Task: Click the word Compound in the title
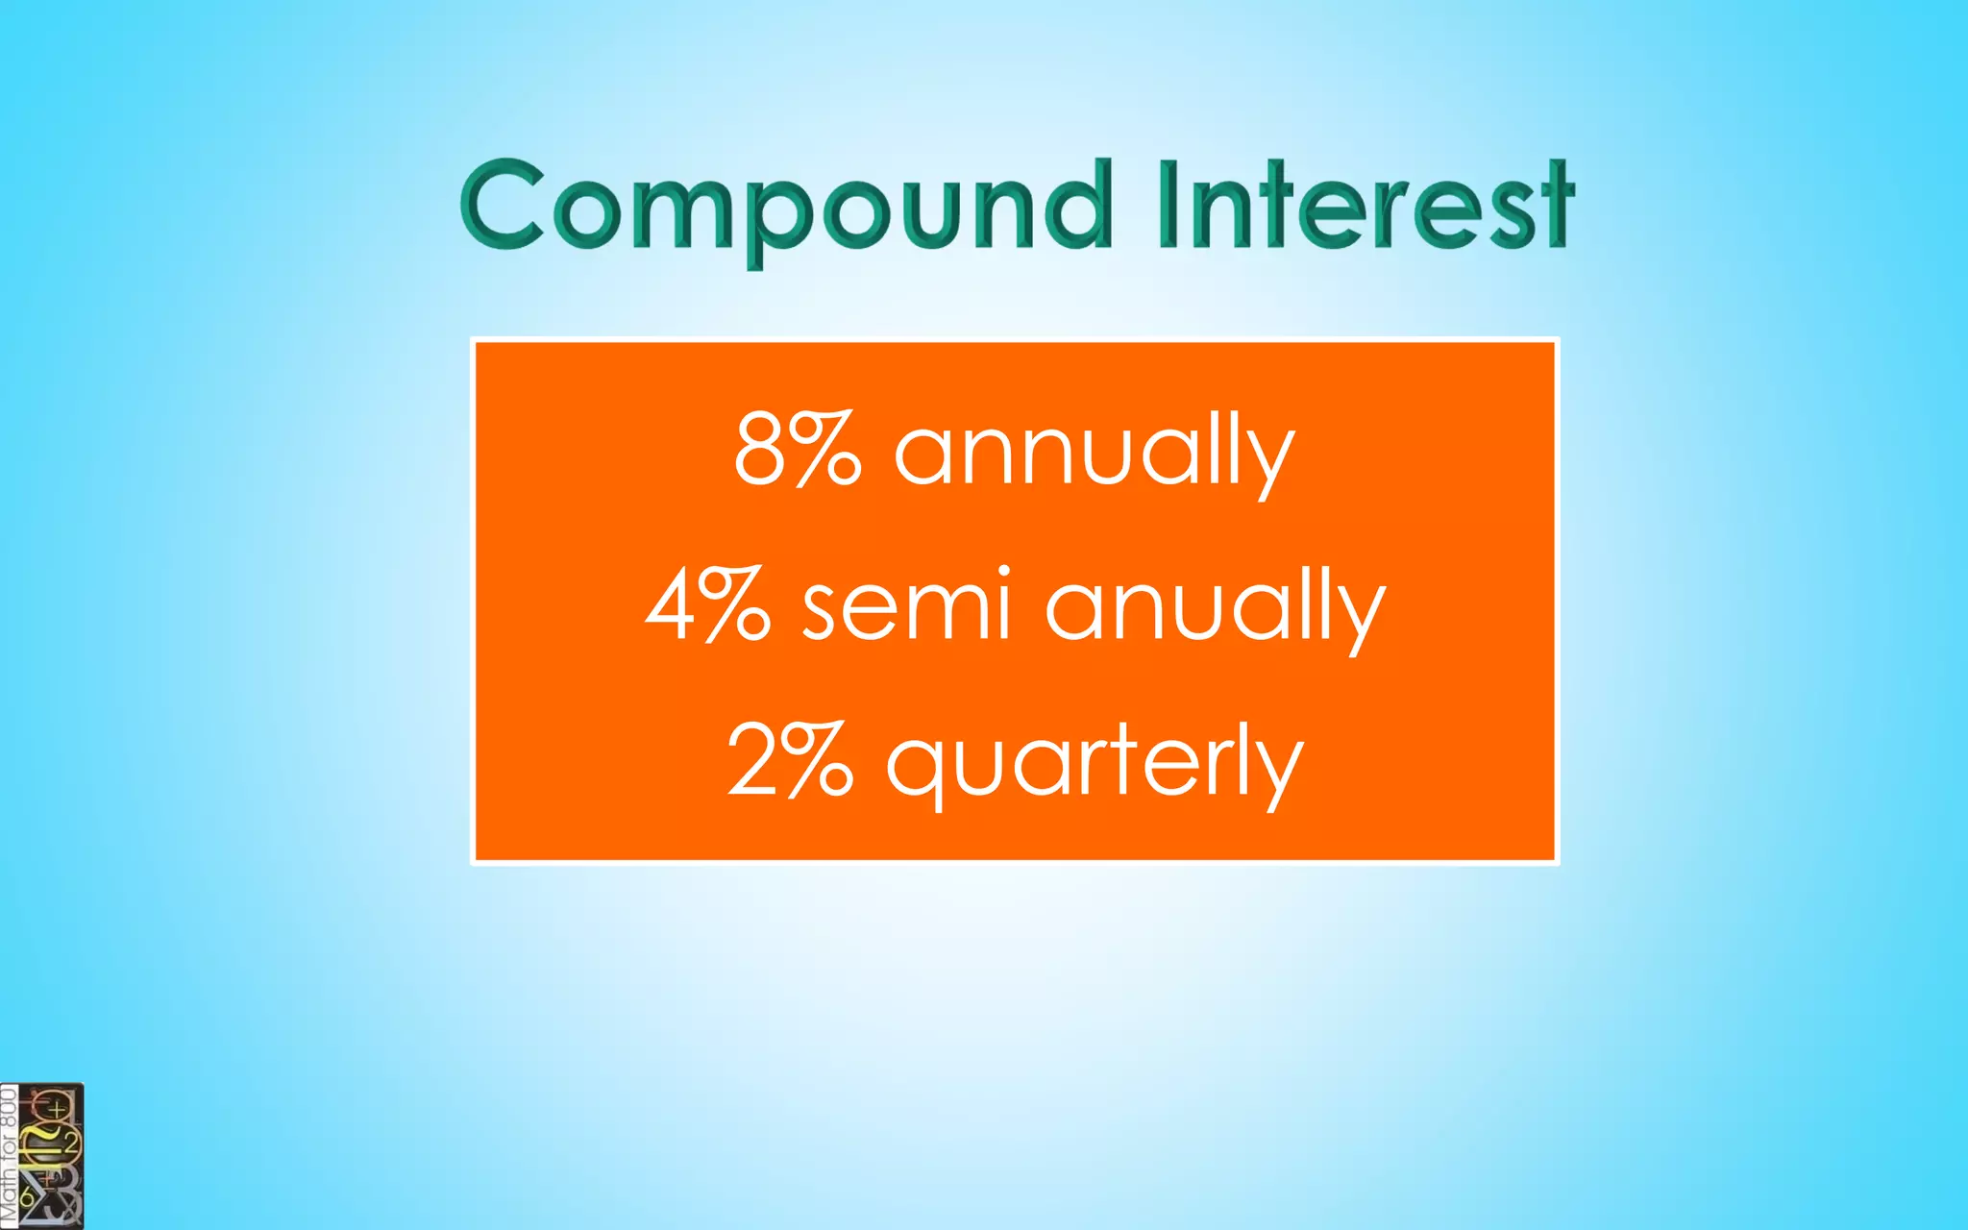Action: [x=786, y=206]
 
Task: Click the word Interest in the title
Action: [x=1365, y=206]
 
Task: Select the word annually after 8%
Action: [x=1095, y=452]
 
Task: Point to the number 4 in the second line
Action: [x=671, y=605]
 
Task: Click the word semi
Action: [x=906, y=605]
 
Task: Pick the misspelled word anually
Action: [x=1216, y=607]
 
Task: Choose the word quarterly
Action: [x=1095, y=764]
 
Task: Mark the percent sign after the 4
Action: [x=735, y=605]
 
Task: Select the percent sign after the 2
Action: [x=817, y=760]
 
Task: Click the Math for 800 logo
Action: [x=41, y=1157]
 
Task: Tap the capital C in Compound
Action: [x=502, y=206]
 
